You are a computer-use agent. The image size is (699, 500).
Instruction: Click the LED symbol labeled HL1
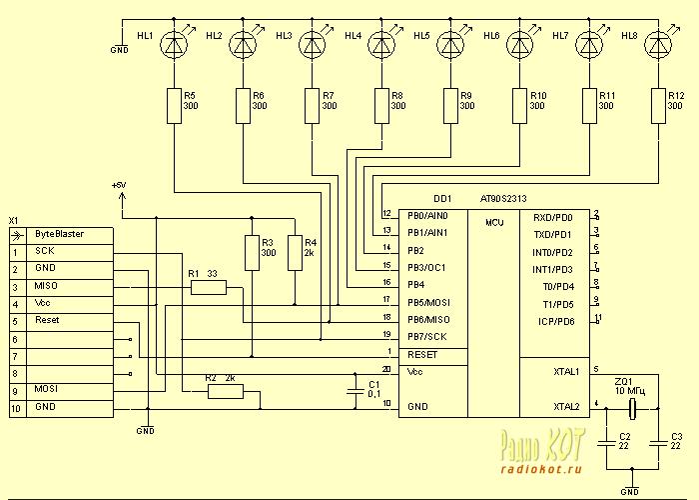[x=176, y=45]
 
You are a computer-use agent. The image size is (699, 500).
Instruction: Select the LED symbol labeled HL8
[x=658, y=45]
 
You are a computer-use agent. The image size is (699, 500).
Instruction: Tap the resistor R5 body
[x=176, y=104]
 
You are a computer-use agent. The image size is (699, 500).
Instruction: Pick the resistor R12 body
[x=658, y=104]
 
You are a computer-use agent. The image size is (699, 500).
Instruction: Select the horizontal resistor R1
[x=209, y=288]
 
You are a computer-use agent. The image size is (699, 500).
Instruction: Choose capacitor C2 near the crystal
[x=608, y=441]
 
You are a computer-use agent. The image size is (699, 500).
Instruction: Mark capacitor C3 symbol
[x=661, y=441]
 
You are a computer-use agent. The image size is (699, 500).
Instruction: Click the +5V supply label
[x=121, y=186]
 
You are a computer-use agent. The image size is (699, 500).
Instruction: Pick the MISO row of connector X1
[x=46, y=286]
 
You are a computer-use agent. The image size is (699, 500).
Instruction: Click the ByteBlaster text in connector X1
[x=59, y=233]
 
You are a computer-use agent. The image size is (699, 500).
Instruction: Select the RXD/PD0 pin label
[x=553, y=216]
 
